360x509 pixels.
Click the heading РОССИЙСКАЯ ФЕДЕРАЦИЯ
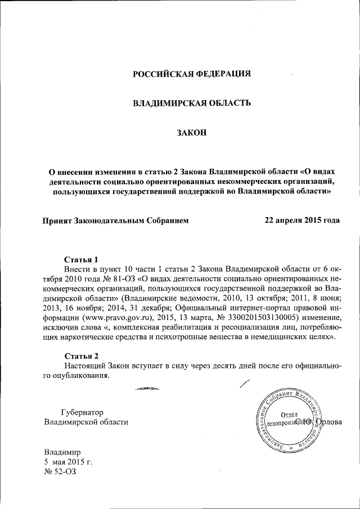(x=191, y=74)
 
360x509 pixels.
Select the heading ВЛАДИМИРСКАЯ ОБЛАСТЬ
(x=191, y=103)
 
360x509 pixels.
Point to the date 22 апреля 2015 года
(x=302, y=220)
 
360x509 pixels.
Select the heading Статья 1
(x=81, y=260)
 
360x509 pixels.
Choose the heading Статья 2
(x=81, y=357)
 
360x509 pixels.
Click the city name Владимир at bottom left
(x=63, y=452)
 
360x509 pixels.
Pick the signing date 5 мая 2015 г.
(x=68, y=462)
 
